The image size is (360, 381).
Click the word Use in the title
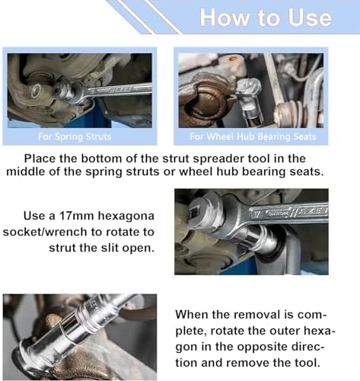coord(310,18)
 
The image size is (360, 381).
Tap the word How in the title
coord(225,18)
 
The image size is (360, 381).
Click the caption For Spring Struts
coord(75,137)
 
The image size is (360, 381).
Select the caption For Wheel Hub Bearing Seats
coord(253,137)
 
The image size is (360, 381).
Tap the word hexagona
coord(126,216)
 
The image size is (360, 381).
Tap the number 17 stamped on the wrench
coord(257,215)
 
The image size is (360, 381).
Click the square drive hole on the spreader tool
coord(193,212)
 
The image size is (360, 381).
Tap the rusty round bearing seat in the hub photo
coord(203,104)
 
